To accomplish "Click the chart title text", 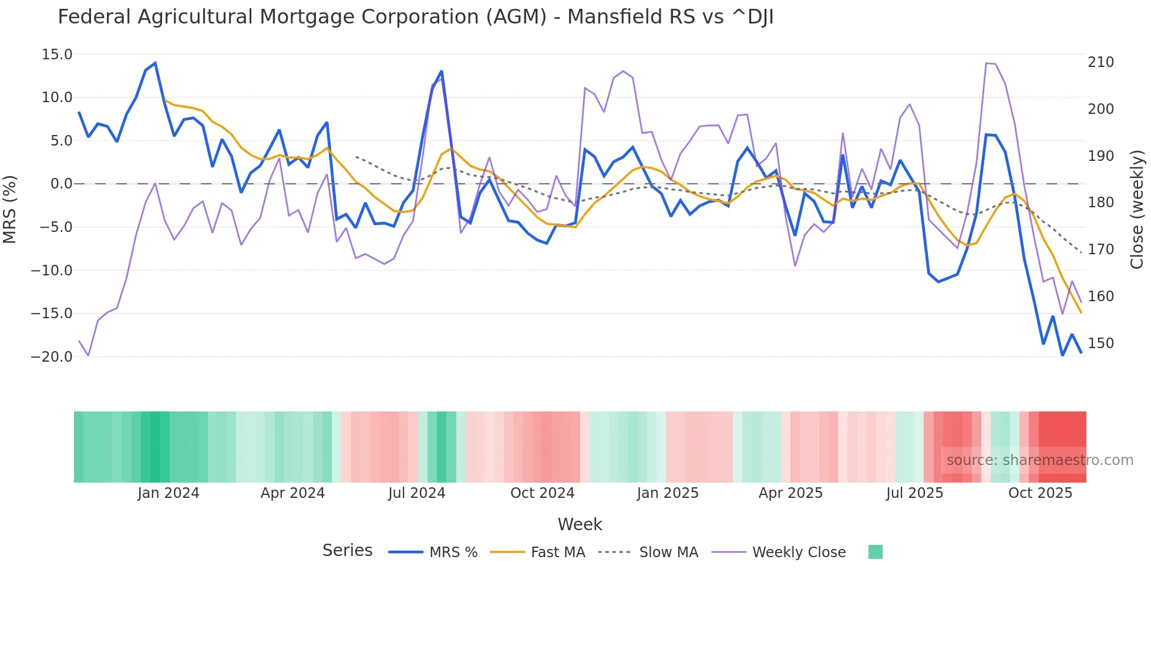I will [415, 17].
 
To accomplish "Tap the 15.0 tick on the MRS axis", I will [57, 55].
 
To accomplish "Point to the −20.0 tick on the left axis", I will [52, 357].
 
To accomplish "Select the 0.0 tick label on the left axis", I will [61, 184].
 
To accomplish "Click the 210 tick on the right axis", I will [1100, 62].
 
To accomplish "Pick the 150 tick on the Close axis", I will [1100, 343].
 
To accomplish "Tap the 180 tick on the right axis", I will [1100, 203].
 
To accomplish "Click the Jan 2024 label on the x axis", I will [169, 493].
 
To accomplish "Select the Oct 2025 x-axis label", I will [1040, 493].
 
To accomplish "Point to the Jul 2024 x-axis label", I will [416, 493].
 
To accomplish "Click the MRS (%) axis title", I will [10, 209].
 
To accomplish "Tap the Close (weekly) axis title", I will [1137, 209].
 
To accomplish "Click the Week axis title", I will [580, 524].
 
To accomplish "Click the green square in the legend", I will [875, 552].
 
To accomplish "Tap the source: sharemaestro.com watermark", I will [1039, 460].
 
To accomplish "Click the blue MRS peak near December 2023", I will [155, 63].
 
